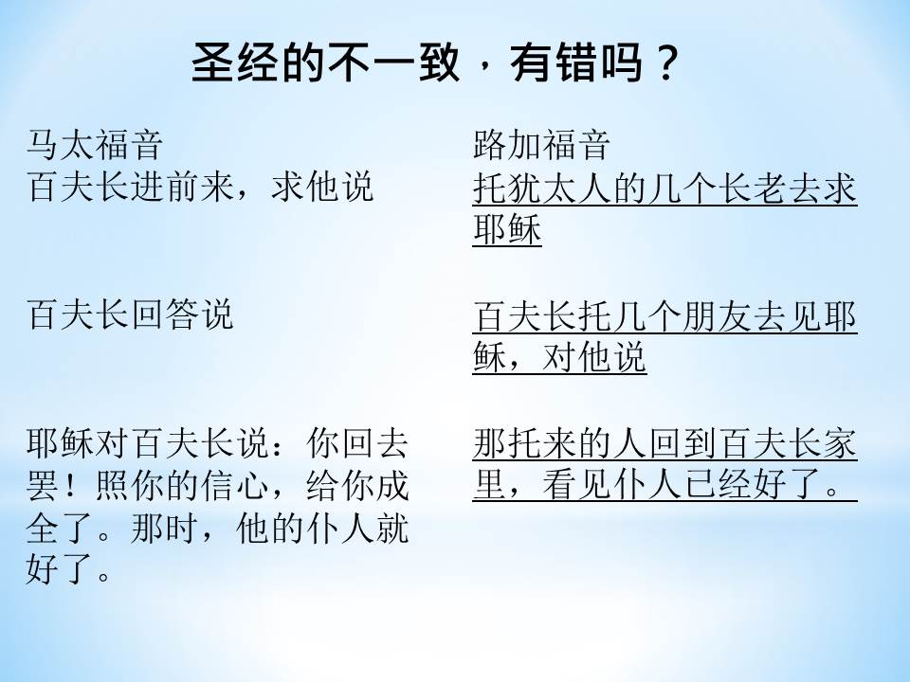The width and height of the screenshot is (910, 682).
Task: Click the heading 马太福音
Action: click(94, 144)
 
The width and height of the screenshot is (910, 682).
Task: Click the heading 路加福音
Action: click(541, 144)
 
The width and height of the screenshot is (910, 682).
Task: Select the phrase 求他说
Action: click(322, 187)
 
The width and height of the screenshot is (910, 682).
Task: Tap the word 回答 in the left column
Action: click(165, 314)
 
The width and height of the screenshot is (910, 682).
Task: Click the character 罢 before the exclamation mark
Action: click(43, 485)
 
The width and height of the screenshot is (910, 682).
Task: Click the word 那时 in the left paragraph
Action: click(165, 529)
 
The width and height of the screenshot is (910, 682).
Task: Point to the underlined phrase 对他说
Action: click(594, 356)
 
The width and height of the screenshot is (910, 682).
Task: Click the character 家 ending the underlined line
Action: click(839, 443)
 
